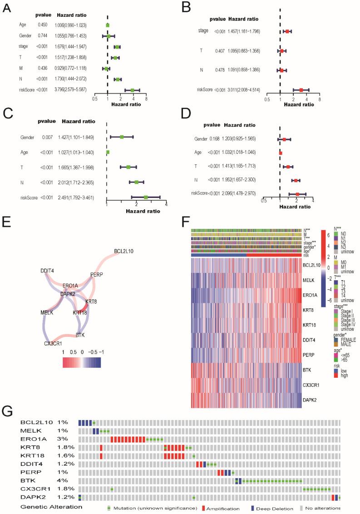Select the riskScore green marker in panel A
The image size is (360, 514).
[133, 90]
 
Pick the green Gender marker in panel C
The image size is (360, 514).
[122, 137]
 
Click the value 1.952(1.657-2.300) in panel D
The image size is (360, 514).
[242, 180]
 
